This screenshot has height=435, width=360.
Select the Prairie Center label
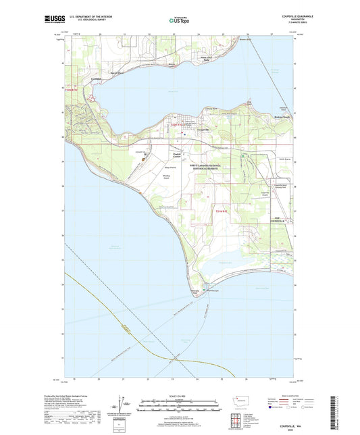pyautogui.click(x=177, y=155)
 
